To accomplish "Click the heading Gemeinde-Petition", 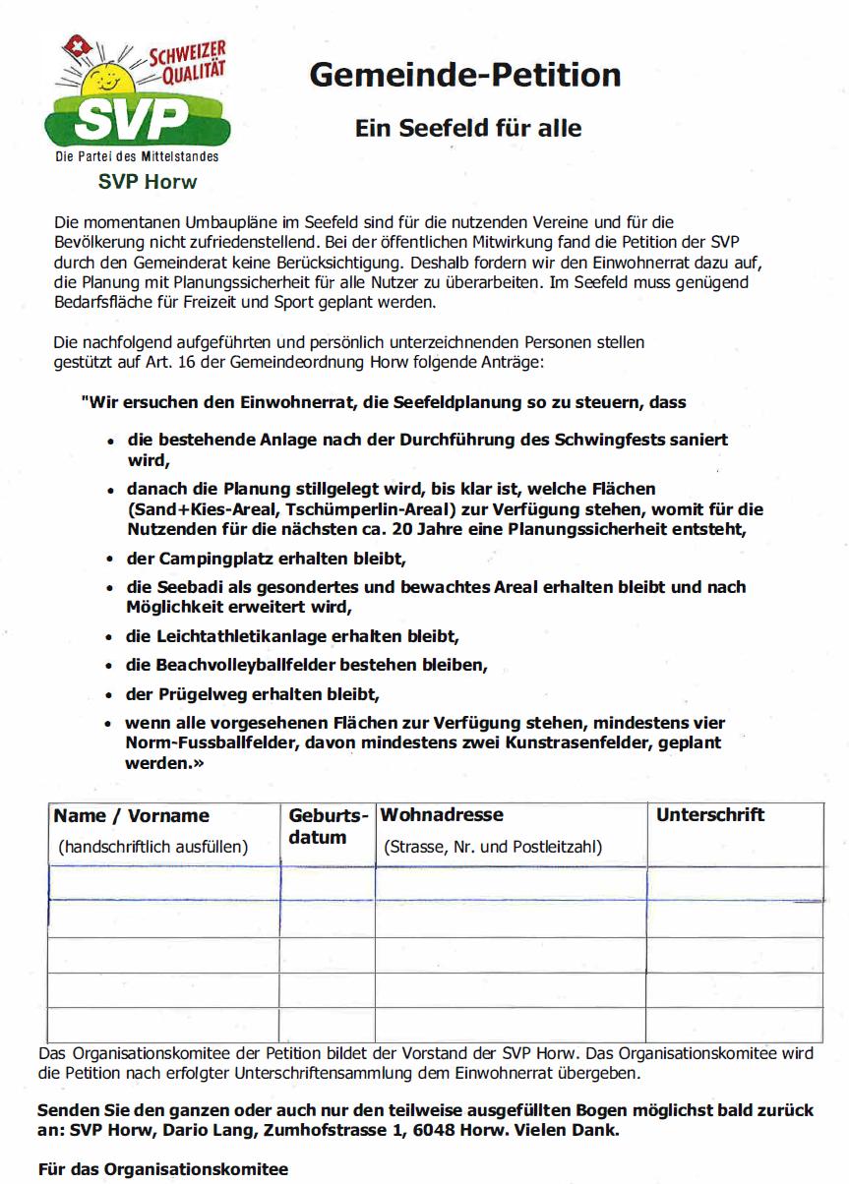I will tap(465, 75).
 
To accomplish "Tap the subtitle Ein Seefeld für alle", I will tap(468, 128).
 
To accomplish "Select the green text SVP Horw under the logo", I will tap(148, 182).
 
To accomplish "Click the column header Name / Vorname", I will tap(131, 816).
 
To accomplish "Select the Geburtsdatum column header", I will tap(328, 827).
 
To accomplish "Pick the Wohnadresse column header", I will tap(442, 815).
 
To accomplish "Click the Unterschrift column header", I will tap(710, 815).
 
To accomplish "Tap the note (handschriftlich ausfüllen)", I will tap(152, 847).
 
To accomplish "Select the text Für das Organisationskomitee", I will tap(163, 1169).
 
